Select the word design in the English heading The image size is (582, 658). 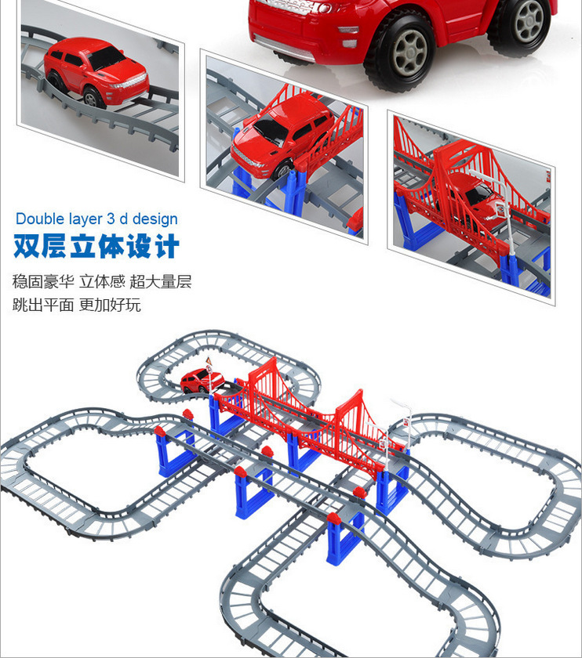[155, 219]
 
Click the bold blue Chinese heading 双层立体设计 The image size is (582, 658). [96, 247]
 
